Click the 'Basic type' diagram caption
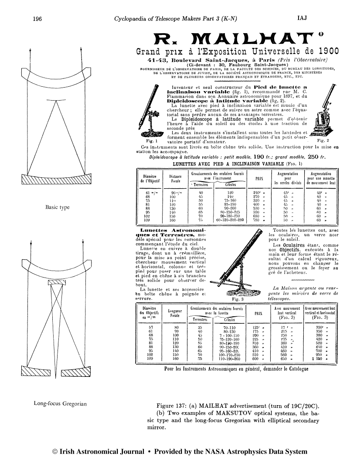pos(58,207)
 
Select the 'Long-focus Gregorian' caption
pos(61,403)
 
